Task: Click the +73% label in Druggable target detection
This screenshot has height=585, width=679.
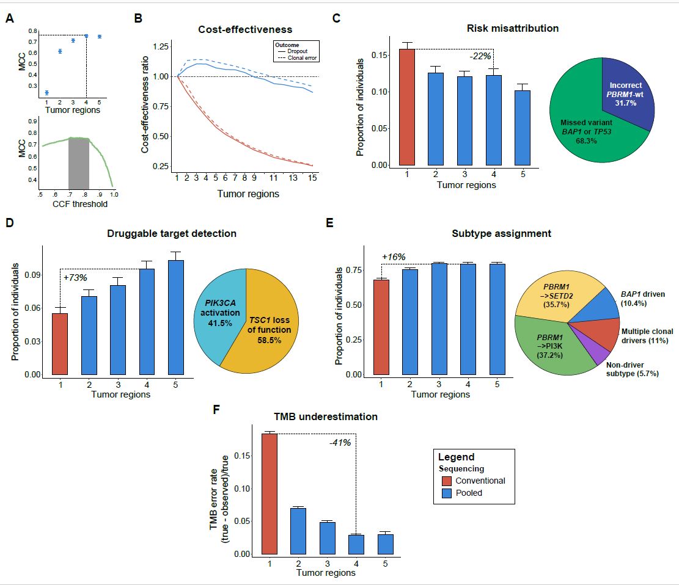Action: click(x=76, y=278)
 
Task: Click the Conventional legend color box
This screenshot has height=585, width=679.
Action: click(x=446, y=481)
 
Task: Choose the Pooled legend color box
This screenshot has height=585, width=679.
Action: click(x=446, y=493)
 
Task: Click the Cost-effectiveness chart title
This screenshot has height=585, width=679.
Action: click(x=244, y=29)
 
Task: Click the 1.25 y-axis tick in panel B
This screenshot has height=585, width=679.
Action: click(x=160, y=46)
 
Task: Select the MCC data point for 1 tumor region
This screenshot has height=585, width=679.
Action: click(x=46, y=93)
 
